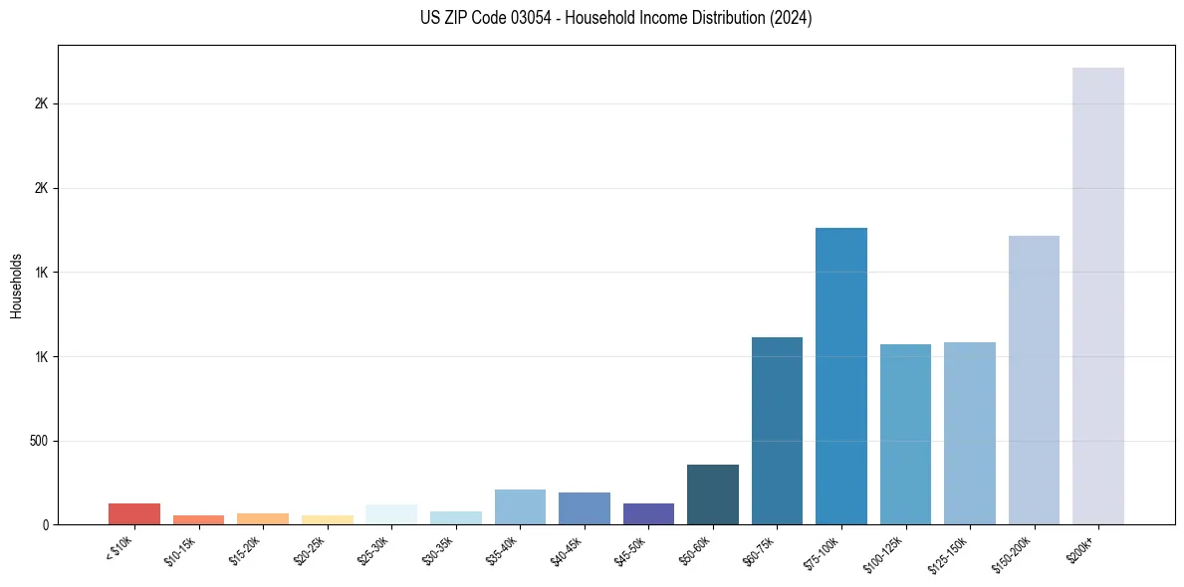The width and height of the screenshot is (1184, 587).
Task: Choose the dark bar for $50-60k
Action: click(x=712, y=494)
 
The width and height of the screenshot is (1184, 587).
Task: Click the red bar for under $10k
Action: click(x=134, y=514)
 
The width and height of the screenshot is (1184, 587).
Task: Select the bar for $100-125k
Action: click(x=905, y=434)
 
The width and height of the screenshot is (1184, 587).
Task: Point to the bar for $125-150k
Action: click(x=969, y=433)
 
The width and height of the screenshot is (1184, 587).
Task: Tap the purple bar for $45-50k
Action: click(x=648, y=514)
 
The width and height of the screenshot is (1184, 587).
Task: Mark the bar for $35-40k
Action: click(x=520, y=507)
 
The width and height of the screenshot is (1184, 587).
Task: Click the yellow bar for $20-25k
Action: click(x=328, y=519)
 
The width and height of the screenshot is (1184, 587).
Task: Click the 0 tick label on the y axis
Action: click(x=44, y=525)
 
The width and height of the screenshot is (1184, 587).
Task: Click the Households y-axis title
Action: click(x=16, y=286)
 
